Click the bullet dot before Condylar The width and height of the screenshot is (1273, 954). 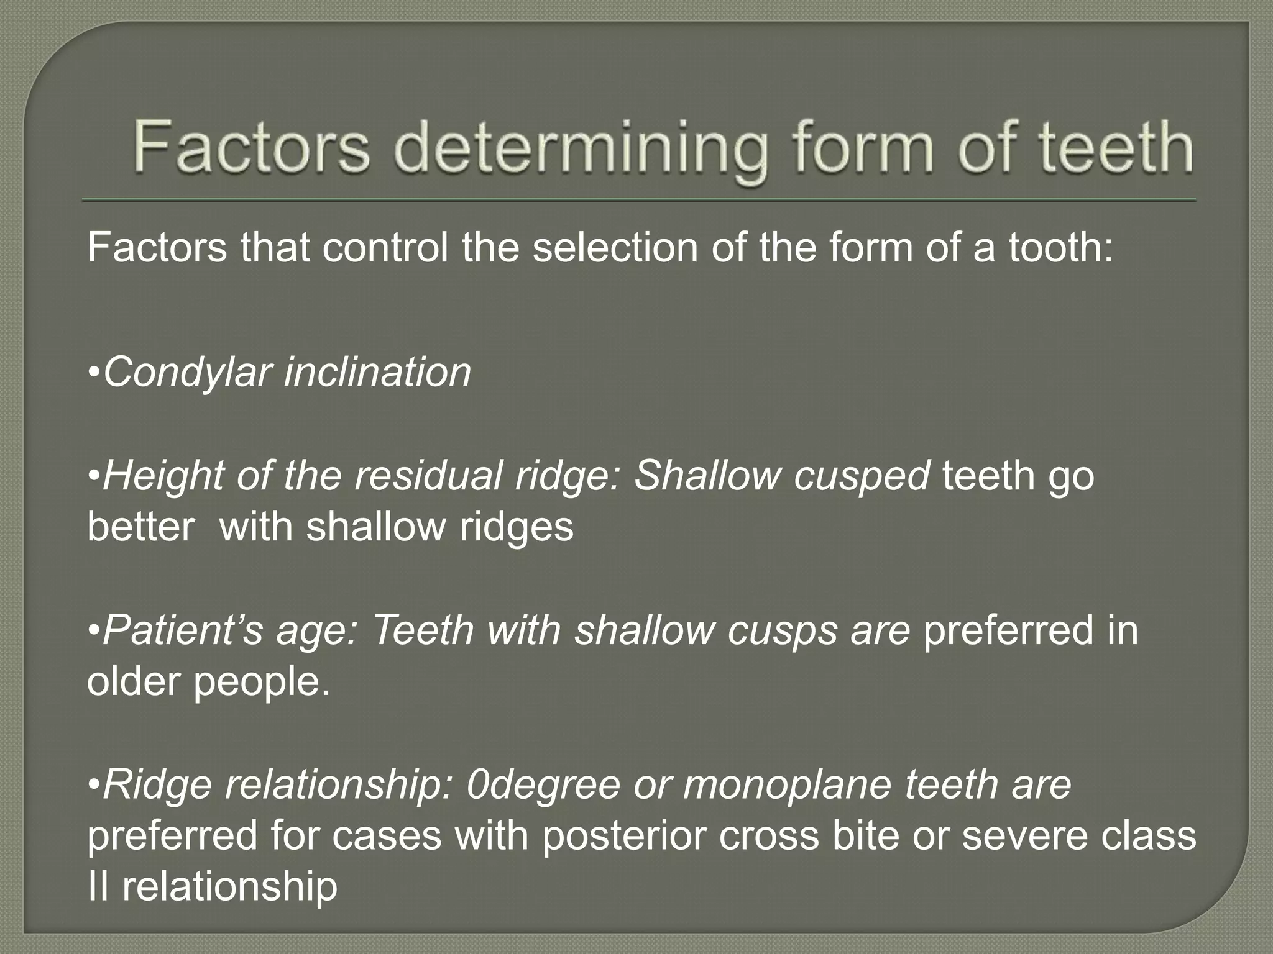click(x=94, y=374)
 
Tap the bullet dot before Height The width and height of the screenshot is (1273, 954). click(x=94, y=477)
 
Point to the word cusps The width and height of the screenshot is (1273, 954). click(x=783, y=630)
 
